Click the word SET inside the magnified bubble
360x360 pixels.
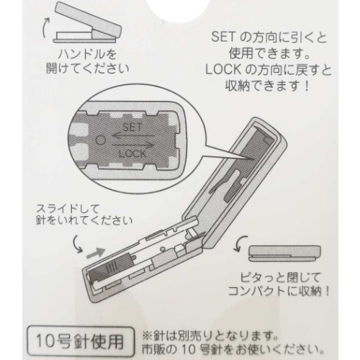[132, 127]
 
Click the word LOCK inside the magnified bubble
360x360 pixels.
[132, 153]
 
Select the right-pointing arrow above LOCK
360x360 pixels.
[132, 145]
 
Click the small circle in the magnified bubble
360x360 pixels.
[101, 140]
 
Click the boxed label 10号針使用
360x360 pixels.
[79, 342]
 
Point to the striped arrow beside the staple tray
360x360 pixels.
[96, 253]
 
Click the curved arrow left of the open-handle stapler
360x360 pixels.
[45, 27]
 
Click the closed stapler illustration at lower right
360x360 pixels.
[285, 254]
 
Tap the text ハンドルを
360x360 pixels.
[87, 55]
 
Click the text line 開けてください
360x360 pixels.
[87, 69]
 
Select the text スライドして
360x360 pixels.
[68, 209]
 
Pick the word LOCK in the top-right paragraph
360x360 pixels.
[223, 70]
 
